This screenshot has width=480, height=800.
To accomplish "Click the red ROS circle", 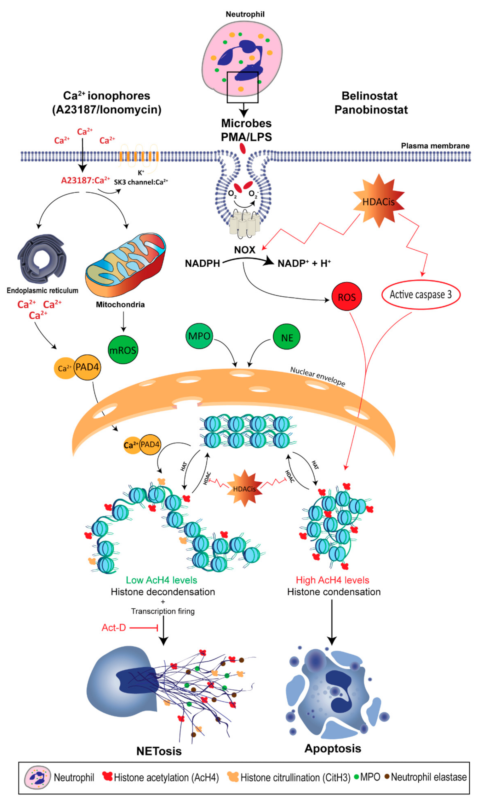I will [x=346, y=296].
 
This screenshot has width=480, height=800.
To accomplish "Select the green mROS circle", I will [x=123, y=350].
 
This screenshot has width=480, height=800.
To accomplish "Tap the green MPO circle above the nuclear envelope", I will [x=199, y=336].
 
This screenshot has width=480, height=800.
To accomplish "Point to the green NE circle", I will [x=287, y=338].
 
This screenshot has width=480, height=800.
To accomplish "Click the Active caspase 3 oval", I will [x=420, y=294].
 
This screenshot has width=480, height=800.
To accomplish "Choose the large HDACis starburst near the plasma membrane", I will [x=378, y=201].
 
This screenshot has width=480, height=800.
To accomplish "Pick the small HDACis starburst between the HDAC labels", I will [x=244, y=488].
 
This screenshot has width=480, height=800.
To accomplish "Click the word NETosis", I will [x=159, y=751].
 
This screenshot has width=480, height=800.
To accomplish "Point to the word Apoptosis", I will [x=333, y=748].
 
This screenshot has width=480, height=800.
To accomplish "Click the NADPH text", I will [x=203, y=264].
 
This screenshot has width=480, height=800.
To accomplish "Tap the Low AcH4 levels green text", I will [x=161, y=580].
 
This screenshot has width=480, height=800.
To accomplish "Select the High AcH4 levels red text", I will [x=333, y=580].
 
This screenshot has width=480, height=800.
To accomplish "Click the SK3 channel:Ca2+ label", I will [x=141, y=182].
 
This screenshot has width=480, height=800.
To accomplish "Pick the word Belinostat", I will [x=369, y=96].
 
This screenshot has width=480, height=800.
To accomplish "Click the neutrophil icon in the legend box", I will [x=37, y=777].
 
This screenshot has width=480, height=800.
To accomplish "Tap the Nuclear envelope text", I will [x=317, y=376].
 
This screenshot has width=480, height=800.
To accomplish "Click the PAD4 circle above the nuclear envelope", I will [x=87, y=367].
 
